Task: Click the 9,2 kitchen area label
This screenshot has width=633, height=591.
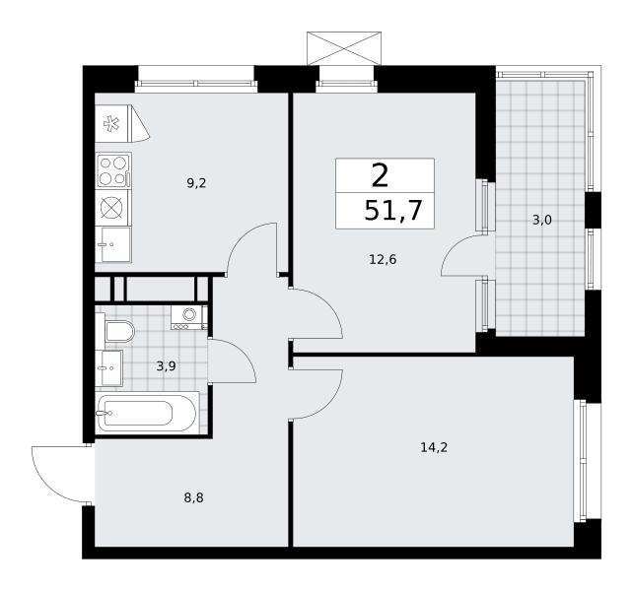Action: click(196, 184)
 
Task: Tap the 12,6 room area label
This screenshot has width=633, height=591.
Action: click(383, 259)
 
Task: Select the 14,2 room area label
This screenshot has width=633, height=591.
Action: click(434, 447)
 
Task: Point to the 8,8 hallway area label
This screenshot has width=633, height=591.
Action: click(194, 498)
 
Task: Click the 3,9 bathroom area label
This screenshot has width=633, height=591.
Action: click(167, 366)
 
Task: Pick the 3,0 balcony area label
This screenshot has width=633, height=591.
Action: click(542, 221)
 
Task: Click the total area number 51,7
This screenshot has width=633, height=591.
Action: click(393, 211)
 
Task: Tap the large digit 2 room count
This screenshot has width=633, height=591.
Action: click(380, 176)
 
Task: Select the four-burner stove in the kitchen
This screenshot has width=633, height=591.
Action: click(113, 170)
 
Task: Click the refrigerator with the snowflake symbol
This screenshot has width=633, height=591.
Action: click(122, 123)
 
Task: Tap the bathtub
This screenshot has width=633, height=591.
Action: click(147, 413)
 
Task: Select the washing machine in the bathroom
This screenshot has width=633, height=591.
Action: click(188, 317)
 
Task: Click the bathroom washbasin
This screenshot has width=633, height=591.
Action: click(109, 368)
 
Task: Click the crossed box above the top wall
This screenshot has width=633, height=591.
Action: click(344, 48)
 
